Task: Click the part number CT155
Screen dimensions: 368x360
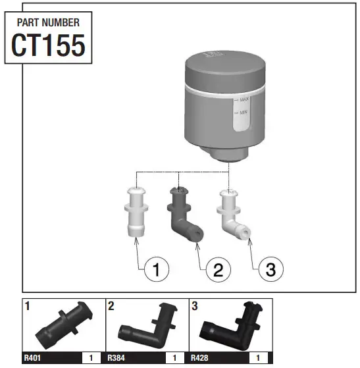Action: pyautogui.click(x=47, y=45)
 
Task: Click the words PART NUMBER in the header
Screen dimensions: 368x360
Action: pyautogui.click(x=47, y=22)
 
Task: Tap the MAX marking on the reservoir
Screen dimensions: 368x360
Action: pyautogui.click(x=243, y=99)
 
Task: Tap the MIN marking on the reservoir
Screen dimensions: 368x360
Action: pyautogui.click(x=243, y=113)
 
